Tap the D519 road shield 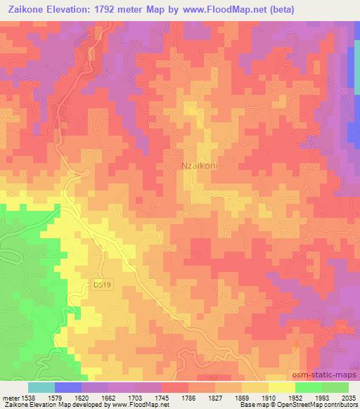pyautogui.click(x=103, y=285)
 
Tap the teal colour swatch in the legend pyautogui.click(x=41, y=387)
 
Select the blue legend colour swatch pyautogui.click(x=68, y=387)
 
